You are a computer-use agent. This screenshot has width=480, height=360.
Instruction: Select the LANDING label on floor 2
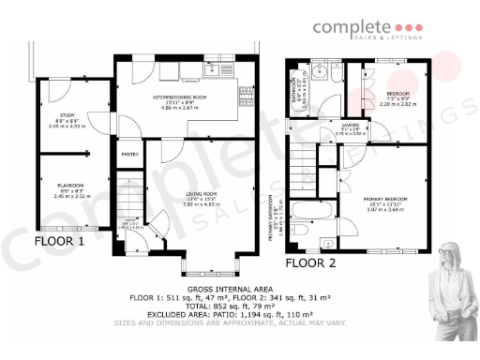[x=350, y=125]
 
